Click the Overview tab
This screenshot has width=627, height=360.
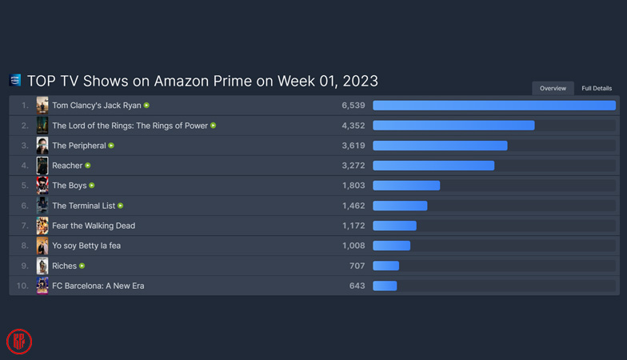click(553, 88)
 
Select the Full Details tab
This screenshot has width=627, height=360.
click(597, 88)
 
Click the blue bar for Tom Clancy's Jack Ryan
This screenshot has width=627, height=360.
click(493, 106)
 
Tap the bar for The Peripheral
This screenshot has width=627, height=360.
click(440, 146)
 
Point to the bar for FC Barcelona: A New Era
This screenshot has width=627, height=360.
click(385, 286)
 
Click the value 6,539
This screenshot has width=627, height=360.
click(353, 106)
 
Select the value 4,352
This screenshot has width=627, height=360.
click(353, 126)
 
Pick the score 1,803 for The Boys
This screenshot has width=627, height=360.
click(353, 186)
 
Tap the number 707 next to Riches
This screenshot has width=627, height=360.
click(357, 266)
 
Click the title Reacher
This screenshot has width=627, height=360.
click(67, 166)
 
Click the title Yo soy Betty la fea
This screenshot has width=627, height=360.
click(86, 246)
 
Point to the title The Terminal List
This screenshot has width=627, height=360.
click(83, 206)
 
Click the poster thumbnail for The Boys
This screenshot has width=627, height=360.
click(42, 186)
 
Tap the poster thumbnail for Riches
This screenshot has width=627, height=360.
click(42, 266)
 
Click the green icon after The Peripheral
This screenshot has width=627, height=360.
click(111, 146)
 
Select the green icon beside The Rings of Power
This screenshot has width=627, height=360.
click(213, 126)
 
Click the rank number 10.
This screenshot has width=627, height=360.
click(22, 286)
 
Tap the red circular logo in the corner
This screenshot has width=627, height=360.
click(19, 342)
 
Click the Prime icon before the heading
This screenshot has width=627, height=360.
click(15, 80)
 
